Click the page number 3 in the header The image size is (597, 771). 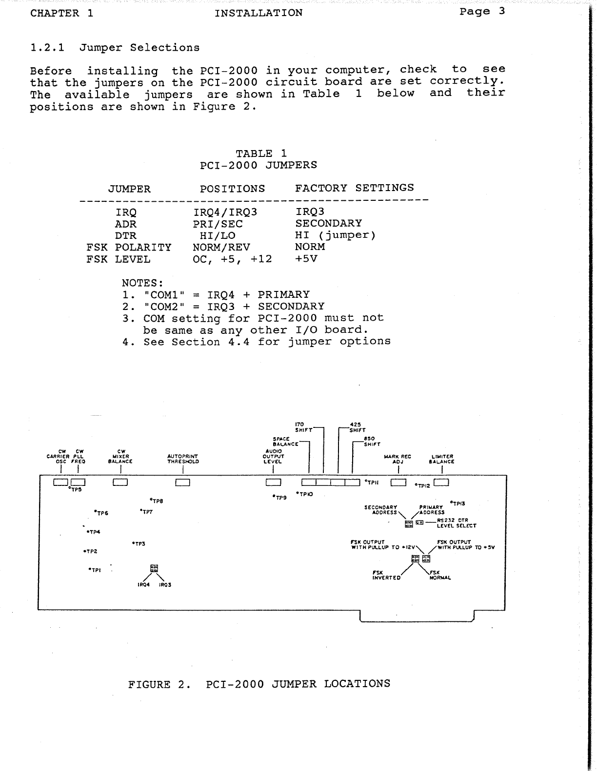501,11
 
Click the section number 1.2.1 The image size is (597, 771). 48,48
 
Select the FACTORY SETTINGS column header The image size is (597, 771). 354,188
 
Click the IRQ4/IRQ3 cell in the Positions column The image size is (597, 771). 225,212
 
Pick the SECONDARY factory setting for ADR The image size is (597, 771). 328,224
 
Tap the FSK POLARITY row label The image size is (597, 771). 129,248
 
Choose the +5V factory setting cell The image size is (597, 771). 306,259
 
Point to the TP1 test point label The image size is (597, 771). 95,570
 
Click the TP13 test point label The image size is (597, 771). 458,503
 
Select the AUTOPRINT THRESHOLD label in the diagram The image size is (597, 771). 183,459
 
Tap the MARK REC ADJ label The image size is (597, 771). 398,459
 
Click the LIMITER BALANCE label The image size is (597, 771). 442,459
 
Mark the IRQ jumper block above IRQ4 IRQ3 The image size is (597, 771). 154,568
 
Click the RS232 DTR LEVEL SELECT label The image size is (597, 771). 456,523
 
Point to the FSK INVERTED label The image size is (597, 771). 386,575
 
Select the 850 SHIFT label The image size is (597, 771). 372,442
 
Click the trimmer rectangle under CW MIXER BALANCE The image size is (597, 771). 120,482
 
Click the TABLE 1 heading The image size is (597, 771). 261,154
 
